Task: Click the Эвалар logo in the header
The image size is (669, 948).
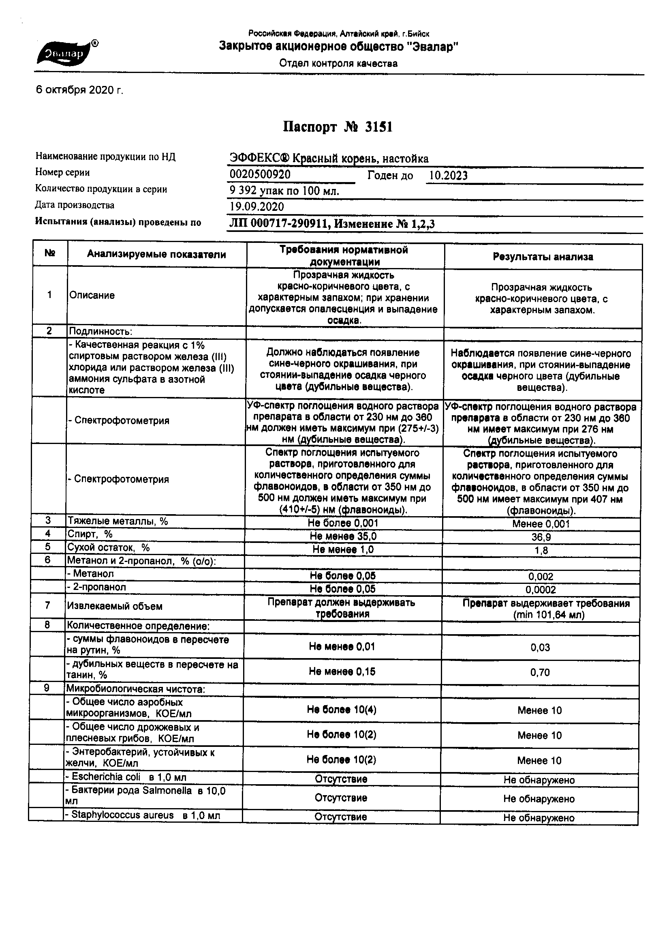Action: click(66, 53)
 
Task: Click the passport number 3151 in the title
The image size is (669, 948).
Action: click(378, 127)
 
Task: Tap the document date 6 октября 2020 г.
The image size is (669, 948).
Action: click(80, 90)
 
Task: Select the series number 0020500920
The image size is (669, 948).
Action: click(260, 174)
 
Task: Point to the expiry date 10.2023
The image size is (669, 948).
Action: click(448, 176)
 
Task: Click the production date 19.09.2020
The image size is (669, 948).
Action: click(257, 206)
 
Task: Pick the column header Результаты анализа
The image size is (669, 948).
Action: click(543, 257)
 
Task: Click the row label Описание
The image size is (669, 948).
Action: click(92, 295)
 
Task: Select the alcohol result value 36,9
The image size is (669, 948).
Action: click(541, 537)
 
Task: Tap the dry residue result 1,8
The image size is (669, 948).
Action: click(541, 550)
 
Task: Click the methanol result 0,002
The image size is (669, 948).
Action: click(541, 577)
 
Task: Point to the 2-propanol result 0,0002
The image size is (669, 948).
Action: click(541, 590)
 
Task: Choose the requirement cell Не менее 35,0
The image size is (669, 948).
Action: click(343, 536)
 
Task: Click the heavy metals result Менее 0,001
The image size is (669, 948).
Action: click(541, 524)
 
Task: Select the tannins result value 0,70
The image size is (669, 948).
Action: click(540, 673)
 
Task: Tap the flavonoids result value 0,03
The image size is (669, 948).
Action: click(540, 648)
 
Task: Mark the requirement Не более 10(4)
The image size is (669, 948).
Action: click(341, 710)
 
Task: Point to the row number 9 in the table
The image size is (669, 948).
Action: click(47, 688)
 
